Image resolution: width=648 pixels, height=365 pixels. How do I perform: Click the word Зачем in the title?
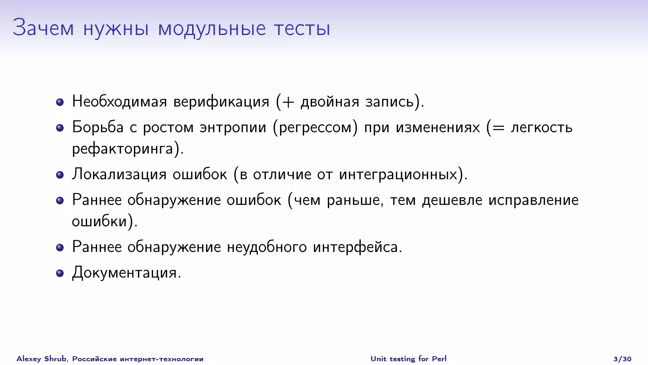[43, 28]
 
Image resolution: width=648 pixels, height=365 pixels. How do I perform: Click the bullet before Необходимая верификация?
[60, 102]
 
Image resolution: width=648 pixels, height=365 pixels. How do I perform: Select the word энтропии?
[233, 127]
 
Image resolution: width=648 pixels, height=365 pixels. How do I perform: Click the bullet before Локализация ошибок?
[60, 175]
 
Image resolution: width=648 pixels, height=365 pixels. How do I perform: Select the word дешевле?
[452, 200]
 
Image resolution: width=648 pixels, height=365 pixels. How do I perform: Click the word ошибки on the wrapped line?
[99, 221]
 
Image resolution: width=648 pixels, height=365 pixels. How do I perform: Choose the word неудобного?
[267, 247]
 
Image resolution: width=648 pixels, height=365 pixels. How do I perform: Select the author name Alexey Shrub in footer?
[41, 359]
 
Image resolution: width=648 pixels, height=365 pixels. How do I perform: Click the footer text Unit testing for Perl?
[408, 359]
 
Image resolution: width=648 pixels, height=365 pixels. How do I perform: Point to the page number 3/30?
[622, 359]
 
